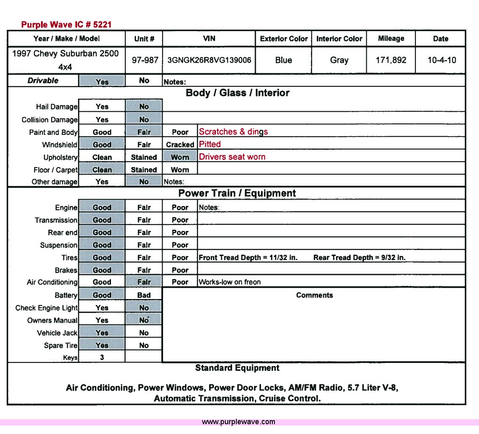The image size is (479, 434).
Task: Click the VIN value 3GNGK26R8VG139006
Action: point(209,60)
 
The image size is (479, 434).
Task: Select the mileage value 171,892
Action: point(391,60)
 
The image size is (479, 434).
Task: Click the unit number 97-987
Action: point(145,60)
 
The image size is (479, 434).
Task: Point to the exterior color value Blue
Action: point(283,60)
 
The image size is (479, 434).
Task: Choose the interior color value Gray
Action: point(339,60)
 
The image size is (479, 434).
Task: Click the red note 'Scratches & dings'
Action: point(233,132)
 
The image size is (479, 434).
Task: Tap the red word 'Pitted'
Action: point(210,144)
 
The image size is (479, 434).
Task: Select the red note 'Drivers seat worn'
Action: point(232,157)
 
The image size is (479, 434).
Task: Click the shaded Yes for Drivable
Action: point(102,82)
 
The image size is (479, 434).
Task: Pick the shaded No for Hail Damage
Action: point(144,107)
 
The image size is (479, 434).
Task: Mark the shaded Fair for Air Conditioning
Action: point(144,282)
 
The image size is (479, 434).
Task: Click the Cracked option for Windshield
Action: point(180,145)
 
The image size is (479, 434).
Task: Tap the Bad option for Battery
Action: point(144,295)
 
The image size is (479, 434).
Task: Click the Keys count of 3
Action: point(102,357)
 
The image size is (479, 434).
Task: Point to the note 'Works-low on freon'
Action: point(230,282)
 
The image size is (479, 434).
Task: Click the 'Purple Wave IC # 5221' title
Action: point(66,25)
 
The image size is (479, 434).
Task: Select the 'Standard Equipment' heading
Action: point(237,368)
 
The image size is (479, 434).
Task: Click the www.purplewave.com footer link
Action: point(238,422)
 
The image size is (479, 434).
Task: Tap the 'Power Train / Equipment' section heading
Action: point(237,193)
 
